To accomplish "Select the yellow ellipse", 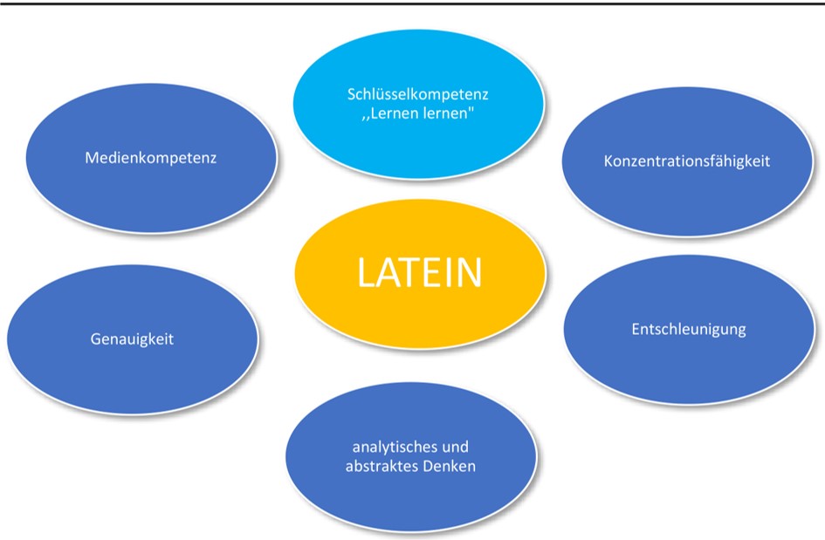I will (x=419, y=305).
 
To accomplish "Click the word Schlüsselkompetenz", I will (x=417, y=92).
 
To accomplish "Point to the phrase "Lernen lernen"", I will (x=418, y=114).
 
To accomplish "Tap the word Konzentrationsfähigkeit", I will (x=687, y=161).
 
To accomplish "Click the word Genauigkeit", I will (x=132, y=338).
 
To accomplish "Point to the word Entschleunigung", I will (x=688, y=329).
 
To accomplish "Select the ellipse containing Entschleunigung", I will (x=688, y=366).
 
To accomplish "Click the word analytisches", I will (x=385, y=448).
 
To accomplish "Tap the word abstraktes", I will (x=378, y=467).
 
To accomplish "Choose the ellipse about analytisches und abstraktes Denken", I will (x=410, y=497).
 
